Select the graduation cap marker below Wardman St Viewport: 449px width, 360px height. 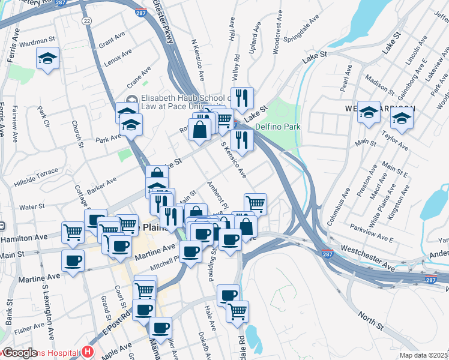pos(47,59)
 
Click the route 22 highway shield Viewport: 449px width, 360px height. pos(88,20)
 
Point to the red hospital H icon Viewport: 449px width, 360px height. pos(88,351)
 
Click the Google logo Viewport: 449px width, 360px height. pos(20,353)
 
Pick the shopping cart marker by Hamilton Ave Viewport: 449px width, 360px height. pos(73,231)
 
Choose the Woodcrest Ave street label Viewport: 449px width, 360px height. pos(278,37)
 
